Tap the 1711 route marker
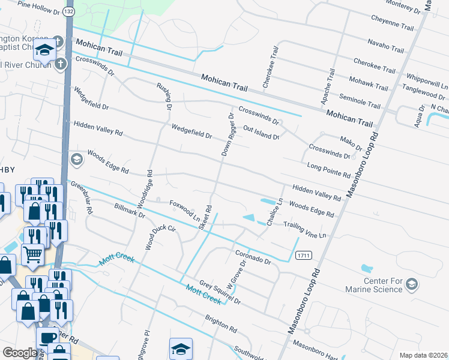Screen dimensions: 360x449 point(303,256)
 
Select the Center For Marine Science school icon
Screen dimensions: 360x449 point(412,283)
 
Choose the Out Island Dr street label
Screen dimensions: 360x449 point(262,133)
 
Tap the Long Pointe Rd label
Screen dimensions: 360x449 point(328,170)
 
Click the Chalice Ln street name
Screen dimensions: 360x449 point(275,212)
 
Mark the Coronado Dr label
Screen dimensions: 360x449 point(253,257)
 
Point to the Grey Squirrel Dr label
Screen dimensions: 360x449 point(219,292)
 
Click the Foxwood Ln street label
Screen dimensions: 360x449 point(184,211)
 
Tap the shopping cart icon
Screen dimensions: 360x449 point(32,255)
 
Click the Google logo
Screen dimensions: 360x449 point(19,353)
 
